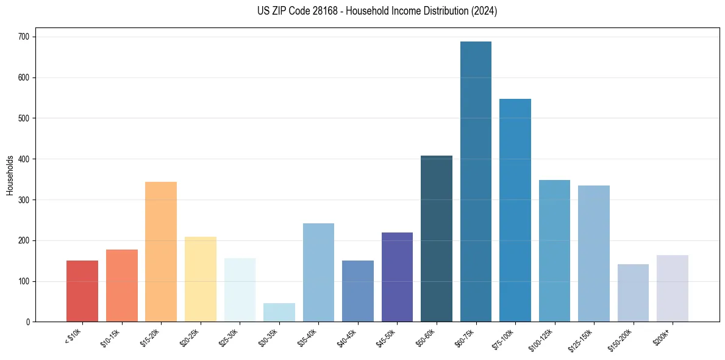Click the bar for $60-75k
tap(476, 182)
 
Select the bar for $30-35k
tap(279, 312)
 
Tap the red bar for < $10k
tap(82, 291)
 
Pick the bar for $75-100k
tap(515, 211)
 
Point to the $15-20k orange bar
tap(161, 251)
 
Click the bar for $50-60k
tap(437, 239)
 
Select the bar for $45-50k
tap(397, 277)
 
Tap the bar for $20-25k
tap(201, 279)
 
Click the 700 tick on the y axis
tap(24, 37)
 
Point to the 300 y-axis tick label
tap(24, 200)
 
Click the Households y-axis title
tap(10, 175)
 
